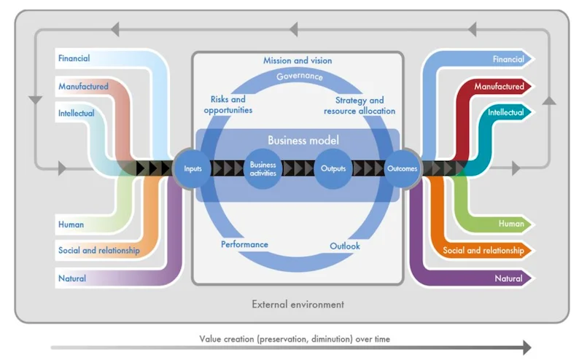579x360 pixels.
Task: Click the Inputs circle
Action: [193, 168]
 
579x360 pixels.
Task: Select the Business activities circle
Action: [263, 168]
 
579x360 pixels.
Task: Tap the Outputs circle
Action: [333, 168]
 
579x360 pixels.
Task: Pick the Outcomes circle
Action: [402, 168]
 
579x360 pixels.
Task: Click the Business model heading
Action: [303, 140]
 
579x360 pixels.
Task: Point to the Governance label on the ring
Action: [300, 76]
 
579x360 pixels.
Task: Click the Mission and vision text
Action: [298, 60]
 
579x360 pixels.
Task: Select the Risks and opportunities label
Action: [228, 105]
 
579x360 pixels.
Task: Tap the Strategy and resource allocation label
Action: [360, 106]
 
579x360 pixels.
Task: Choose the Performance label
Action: [244, 244]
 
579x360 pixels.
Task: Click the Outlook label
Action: [344, 246]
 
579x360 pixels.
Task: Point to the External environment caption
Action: [298, 305]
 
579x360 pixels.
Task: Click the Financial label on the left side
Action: [74, 58]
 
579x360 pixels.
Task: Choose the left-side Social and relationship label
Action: [99, 251]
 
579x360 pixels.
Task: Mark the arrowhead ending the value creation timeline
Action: [527, 348]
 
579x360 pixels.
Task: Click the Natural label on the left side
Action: [72, 278]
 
